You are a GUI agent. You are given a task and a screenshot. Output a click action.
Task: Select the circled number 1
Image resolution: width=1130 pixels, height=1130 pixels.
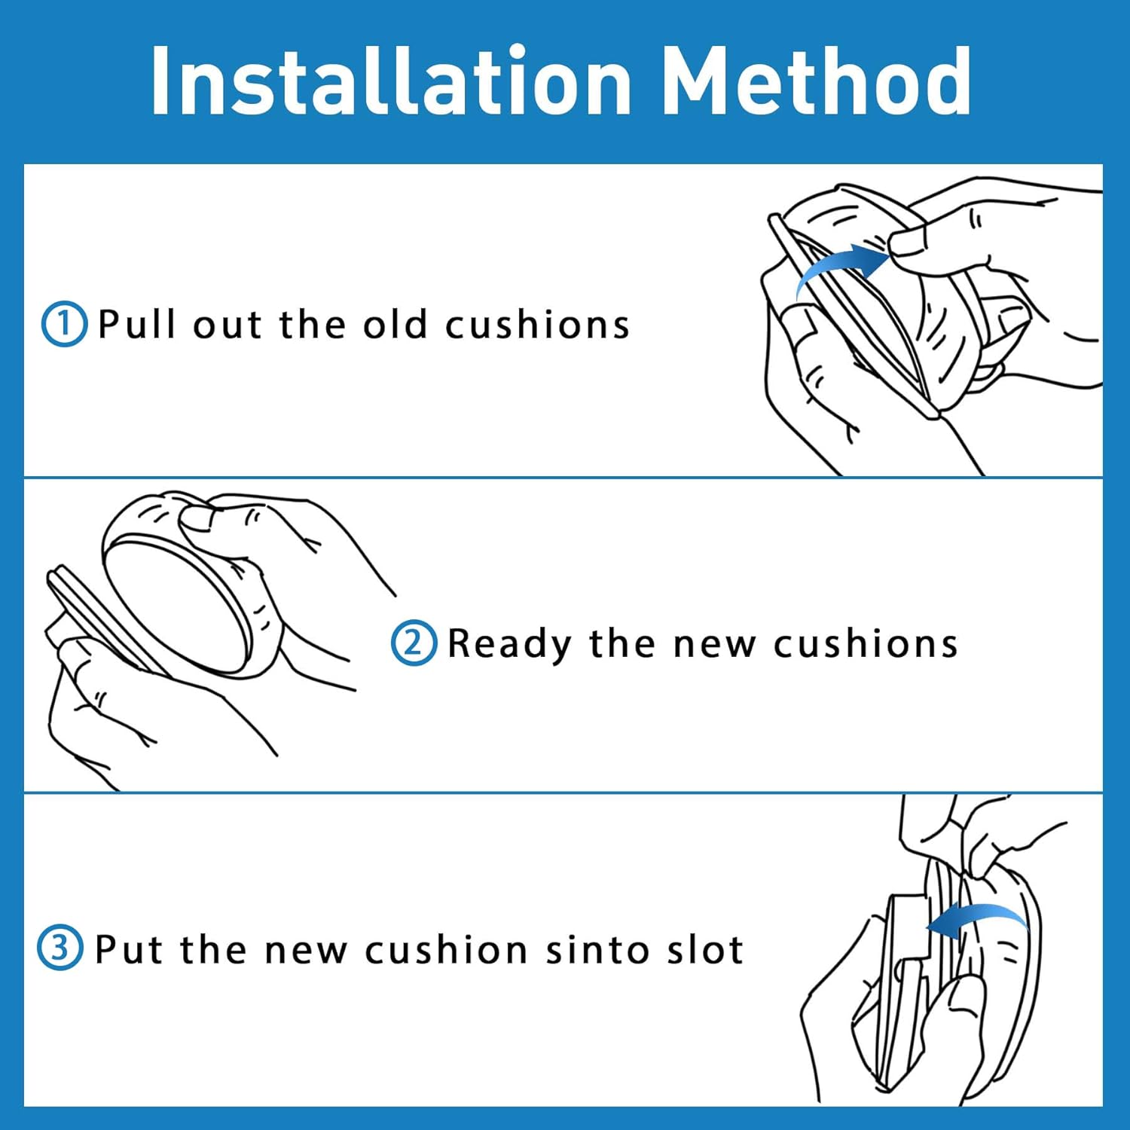[x=64, y=324]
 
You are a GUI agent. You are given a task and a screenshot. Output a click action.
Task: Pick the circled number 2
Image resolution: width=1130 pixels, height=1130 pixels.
[x=414, y=643]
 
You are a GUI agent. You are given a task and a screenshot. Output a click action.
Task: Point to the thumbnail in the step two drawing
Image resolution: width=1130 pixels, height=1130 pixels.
[x=198, y=518]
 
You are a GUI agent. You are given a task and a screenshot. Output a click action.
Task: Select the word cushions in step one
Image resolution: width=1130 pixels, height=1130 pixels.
[x=537, y=325]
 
